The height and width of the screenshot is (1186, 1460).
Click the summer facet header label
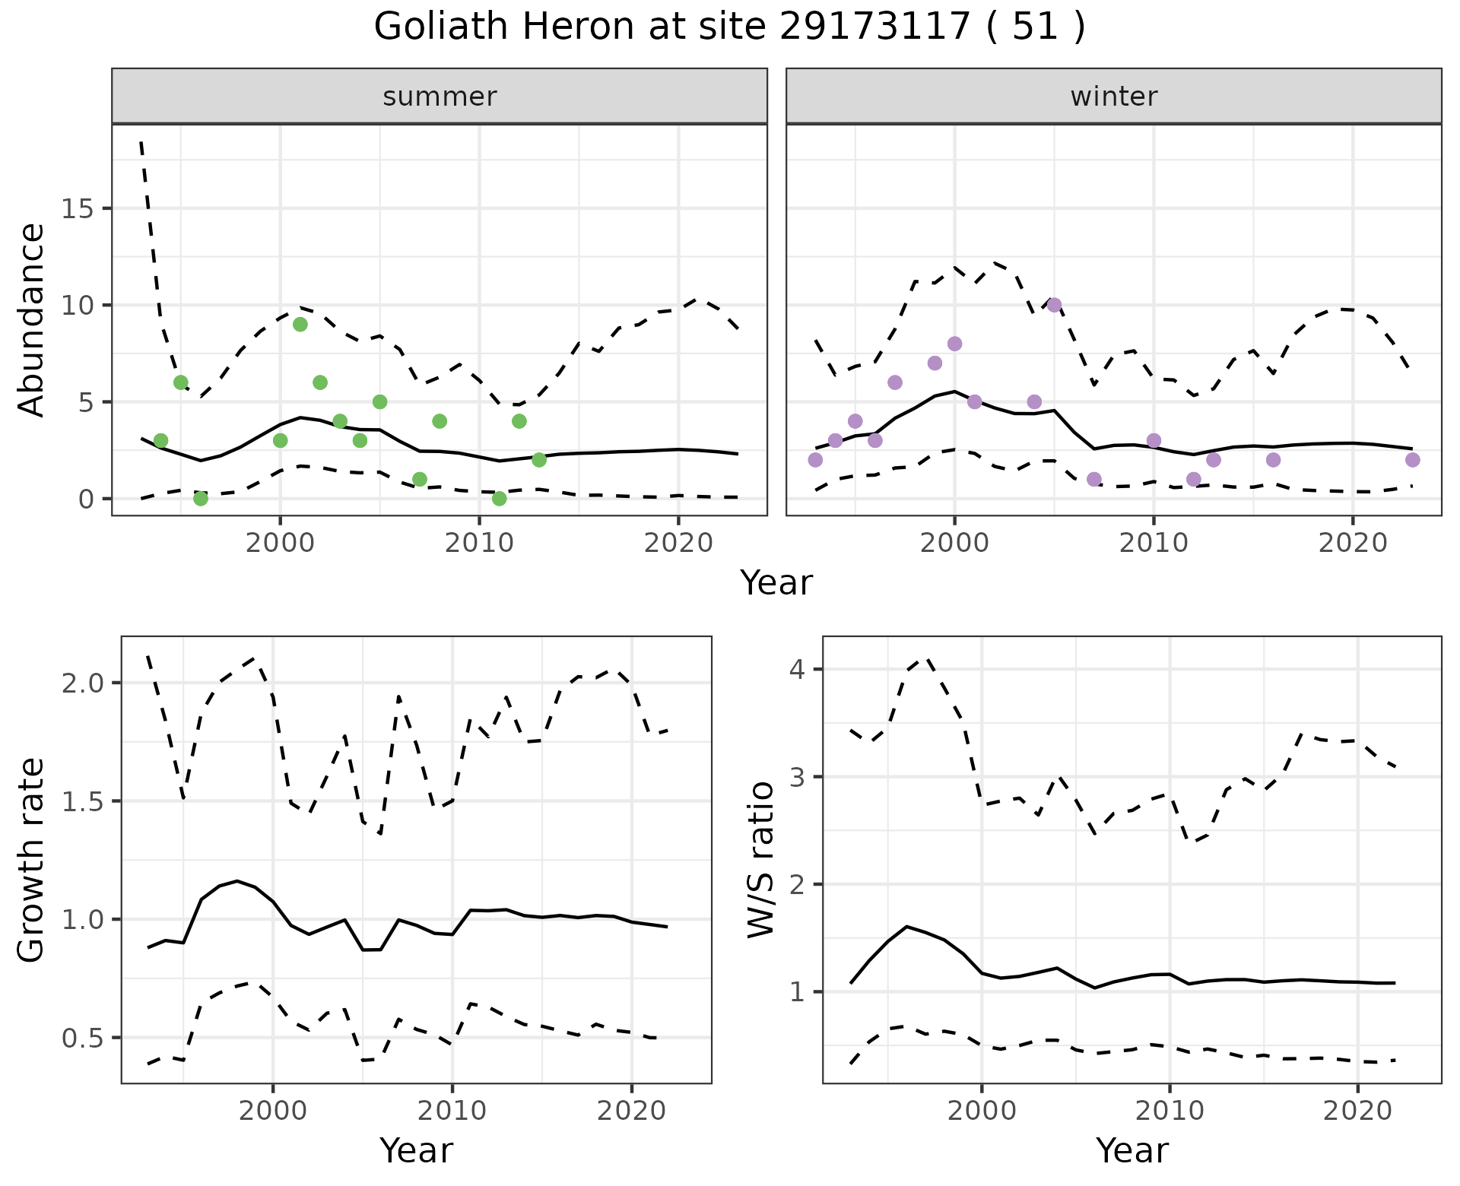tap(440, 97)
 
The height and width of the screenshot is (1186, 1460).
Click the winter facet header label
tap(1113, 97)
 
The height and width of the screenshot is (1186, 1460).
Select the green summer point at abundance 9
tap(300, 325)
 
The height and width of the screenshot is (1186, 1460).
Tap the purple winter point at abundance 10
tap(1054, 306)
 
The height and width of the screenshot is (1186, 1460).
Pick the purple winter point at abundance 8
tap(955, 344)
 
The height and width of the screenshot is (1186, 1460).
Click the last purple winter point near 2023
tap(1412, 460)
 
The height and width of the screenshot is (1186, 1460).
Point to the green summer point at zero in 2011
tap(499, 499)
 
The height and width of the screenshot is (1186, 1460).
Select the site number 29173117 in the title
tap(874, 27)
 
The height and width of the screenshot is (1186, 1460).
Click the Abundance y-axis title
tap(32, 319)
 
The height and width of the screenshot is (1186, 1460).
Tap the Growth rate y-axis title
tap(32, 859)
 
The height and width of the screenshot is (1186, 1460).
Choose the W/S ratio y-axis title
tap(760, 859)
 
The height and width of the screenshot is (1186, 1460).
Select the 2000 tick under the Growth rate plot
tap(273, 1111)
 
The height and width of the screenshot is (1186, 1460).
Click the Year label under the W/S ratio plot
tap(1131, 1151)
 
